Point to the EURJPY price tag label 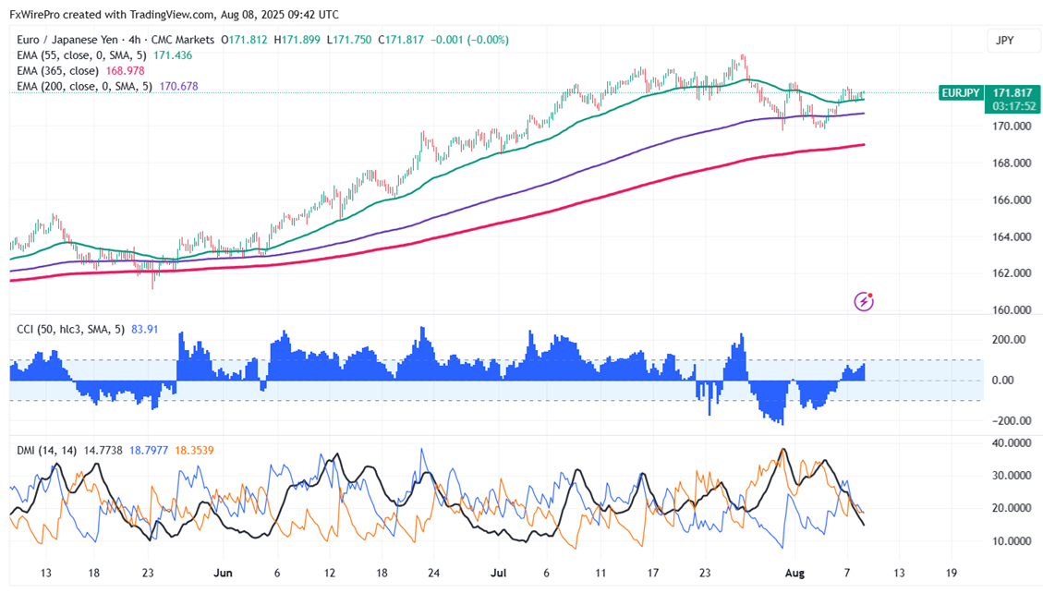point(962,92)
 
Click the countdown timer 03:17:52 point(1013,106)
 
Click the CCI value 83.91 point(146,328)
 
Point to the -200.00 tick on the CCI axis point(1010,421)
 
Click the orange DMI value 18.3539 point(196,450)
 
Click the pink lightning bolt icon point(865,300)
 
